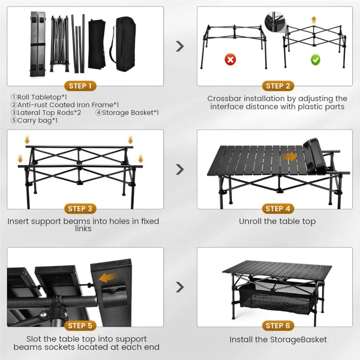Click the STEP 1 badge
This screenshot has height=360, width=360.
coord(80,86)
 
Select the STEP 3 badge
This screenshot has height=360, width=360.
coord(80,208)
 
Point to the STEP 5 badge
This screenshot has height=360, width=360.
coord(80,326)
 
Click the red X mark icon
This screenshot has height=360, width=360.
coord(230,60)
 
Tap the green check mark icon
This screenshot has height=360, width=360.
coord(316,60)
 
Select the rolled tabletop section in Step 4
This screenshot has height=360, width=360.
coord(314,157)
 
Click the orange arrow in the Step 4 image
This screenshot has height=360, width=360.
coord(290,156)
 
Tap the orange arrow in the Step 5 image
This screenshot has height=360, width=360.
coord(108,277)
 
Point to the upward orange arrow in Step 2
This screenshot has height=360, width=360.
coord(314,20)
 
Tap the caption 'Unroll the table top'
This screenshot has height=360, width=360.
coord(277,221)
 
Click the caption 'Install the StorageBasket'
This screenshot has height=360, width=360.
coord(278,340)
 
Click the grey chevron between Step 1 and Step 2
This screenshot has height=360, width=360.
coord(180,46)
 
